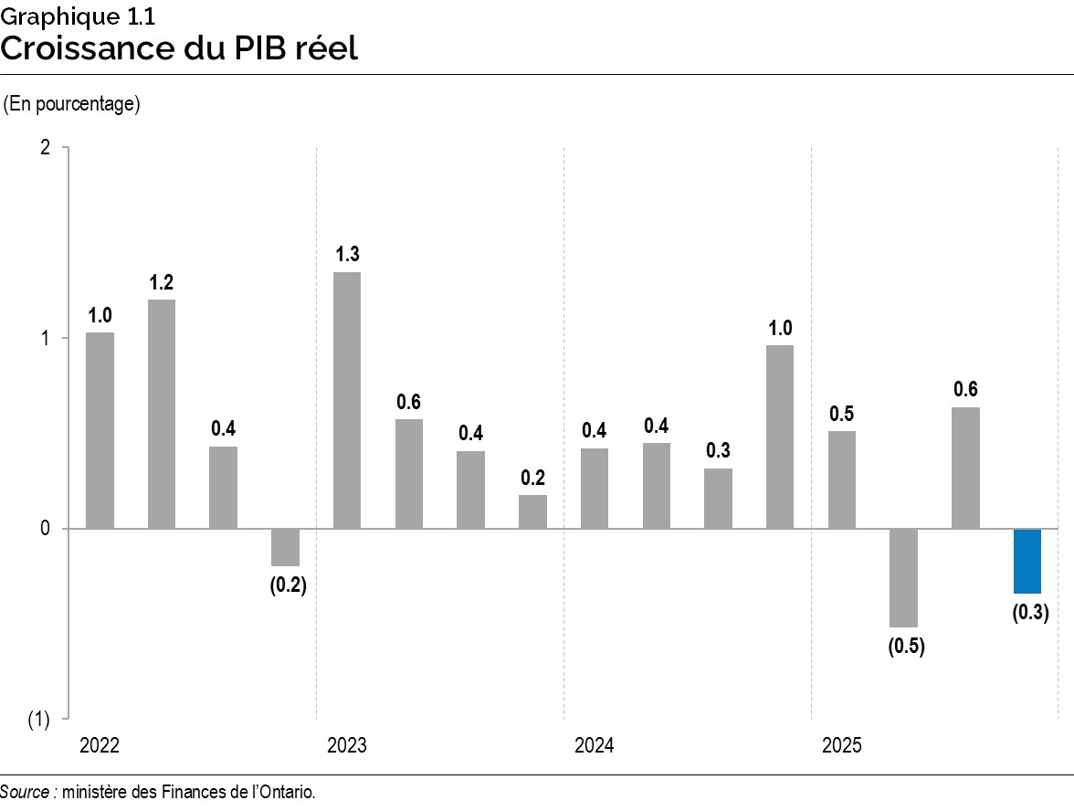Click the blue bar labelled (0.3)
(x=1027, y=561)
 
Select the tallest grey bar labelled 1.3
(x=347, y=400)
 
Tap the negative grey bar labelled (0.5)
(x=903, y=577)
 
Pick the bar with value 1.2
(x=162, y=414)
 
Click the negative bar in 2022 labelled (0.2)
(x=285, y=547)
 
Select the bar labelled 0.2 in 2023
(x=532, y=511)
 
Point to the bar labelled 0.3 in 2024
(x=718, y=498)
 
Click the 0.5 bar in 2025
(x=842, y=479)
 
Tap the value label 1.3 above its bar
(x=347, y=255)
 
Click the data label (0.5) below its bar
(x=906, y=648)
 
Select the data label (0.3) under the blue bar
(x=1030, y=613)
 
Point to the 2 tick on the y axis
(x=45, y=148)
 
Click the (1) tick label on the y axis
(x=39, y=720)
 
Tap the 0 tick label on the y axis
(x=45, y=529)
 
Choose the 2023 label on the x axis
(x=347, y=746)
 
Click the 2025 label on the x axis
(x=841, y=746)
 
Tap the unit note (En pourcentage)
(x=72, y=104)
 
